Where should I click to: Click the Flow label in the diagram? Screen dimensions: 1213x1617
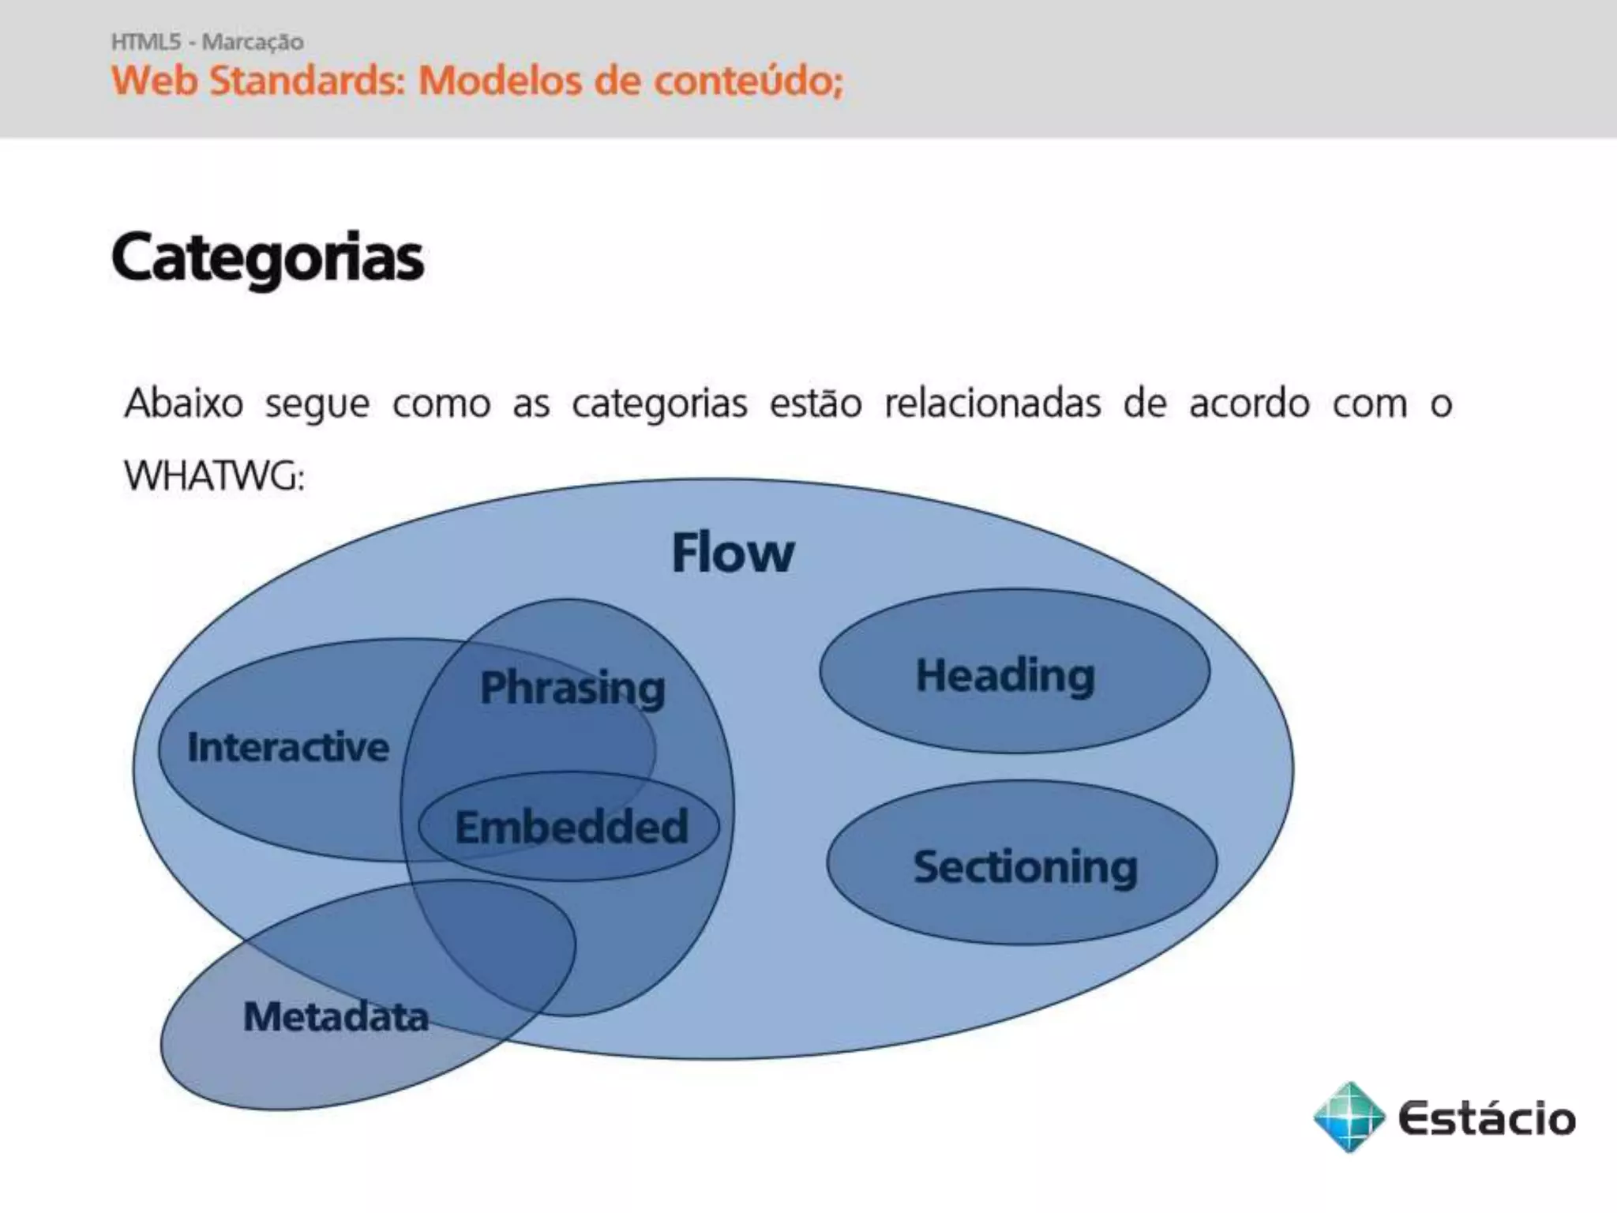(732, 553)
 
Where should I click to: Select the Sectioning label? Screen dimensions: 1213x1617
(1025, 867)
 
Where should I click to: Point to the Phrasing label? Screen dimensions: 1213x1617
(572, 687)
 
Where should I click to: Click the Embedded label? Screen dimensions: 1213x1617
(571, 827)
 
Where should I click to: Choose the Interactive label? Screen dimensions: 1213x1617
(288, 747)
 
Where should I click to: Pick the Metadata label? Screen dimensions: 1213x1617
(336, 1016)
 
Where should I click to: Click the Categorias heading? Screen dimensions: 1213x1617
(267, 257)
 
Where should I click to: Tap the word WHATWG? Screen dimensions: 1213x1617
(213, 476)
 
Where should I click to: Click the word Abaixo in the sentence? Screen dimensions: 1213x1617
(183, 404)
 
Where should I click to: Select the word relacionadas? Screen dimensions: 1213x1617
(992, 404)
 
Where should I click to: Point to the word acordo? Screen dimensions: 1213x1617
(1249, 404)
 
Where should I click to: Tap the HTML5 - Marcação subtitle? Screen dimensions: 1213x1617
(207, 42)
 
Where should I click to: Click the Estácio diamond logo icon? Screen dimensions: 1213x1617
(1349, 1117)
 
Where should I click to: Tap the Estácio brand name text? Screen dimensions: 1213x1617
(1486, 1118)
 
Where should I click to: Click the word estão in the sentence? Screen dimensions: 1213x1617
(815, 404)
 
